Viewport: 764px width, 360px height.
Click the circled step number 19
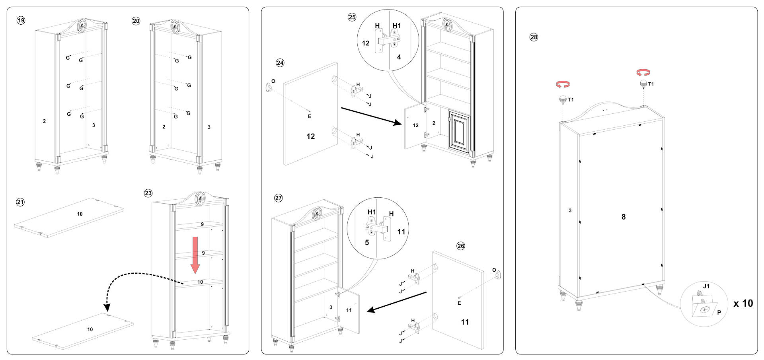point(21,20)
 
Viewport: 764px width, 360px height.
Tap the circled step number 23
point(148,193)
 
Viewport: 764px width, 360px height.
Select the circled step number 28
point(534,37)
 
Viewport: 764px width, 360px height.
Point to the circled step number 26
point(461,246)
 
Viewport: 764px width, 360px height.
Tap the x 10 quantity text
point(743,304)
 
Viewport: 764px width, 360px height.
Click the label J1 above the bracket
point(706,286)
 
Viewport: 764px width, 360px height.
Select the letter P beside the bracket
point(719,313)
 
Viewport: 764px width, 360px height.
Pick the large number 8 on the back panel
point(624,217)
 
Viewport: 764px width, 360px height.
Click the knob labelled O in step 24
point(269,86)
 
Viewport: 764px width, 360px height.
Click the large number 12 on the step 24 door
point(311,136)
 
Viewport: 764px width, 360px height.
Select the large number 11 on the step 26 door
point(465,322)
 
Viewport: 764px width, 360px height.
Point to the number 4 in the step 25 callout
point(399,57)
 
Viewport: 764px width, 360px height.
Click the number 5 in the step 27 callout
point(367,242)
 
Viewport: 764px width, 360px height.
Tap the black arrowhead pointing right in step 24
point(398,123)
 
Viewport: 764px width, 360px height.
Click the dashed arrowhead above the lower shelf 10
point(107,307)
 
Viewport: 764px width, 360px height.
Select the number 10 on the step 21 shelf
point(80,214)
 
